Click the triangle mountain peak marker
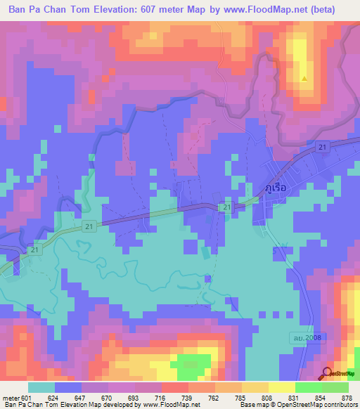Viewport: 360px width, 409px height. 304,78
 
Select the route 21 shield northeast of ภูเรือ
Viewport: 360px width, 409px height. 322,146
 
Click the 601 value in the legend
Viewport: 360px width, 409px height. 26,397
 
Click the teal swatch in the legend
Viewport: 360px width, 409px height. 41,387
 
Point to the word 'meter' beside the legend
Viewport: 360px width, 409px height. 10,397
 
